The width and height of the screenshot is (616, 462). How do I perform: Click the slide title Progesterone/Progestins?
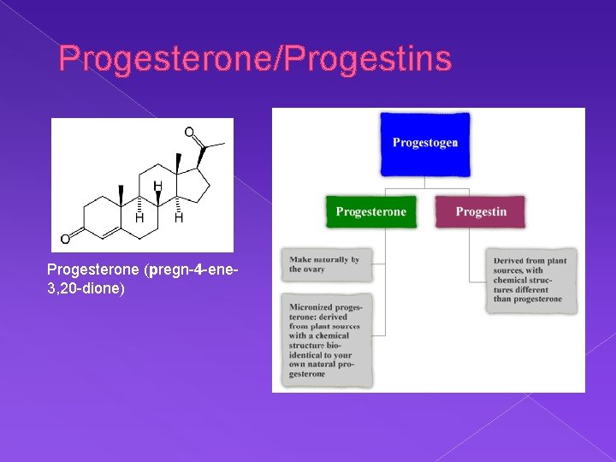(254, 59)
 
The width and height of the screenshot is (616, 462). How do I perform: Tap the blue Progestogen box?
(425, 142)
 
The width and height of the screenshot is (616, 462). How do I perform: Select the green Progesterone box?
(371, 211)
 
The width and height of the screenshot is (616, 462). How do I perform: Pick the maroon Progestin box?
(480, 211)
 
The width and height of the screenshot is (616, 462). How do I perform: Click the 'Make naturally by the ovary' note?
(325, 264)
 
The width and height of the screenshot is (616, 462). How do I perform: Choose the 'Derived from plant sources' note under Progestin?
(530, 280)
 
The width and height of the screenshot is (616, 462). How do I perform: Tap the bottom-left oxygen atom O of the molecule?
(65, 239)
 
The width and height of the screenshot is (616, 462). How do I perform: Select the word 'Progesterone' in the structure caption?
(94, 271)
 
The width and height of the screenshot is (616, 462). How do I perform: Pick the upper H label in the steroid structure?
(157, 186)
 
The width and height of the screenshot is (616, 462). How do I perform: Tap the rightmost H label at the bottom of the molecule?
(179, 219)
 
